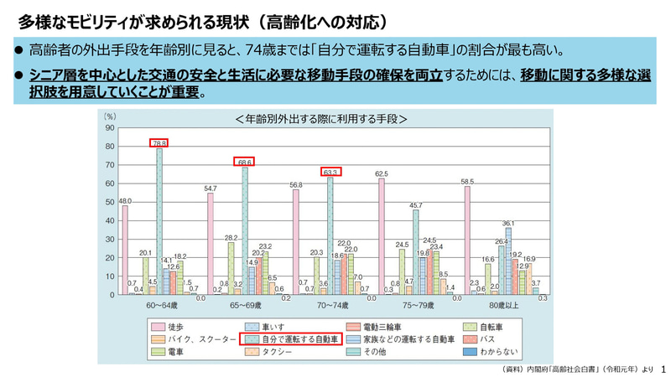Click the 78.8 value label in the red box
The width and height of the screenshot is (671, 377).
(x=159, y=143)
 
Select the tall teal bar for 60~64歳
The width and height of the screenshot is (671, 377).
(x=159, y=221)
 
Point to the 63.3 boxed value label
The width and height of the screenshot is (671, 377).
(x=330, y=172)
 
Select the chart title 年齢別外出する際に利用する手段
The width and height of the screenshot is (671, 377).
(x=322, y=118)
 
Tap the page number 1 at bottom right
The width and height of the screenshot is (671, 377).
(x=663, y=369)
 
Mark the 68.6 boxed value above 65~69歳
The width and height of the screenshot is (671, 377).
(x=244, y=162)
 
